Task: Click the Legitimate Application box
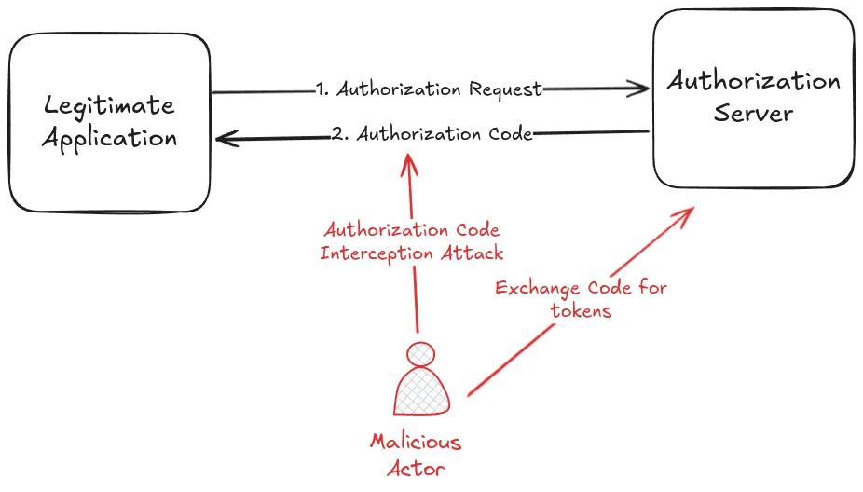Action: coord(109,122)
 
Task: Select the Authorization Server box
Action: coord(753,98)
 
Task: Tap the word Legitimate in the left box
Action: coord(109,105)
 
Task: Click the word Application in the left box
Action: coord(109,139)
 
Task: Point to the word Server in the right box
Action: coord(753,115)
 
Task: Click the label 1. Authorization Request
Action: coord(429,89)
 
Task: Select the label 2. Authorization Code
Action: coord(432,134)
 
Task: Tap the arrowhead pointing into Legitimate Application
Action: coord(225,139)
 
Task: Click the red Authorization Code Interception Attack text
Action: coord(410,241)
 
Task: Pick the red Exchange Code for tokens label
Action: coord(581,299)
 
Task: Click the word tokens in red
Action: coord(581,311)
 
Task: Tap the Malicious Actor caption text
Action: coord(416,453)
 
